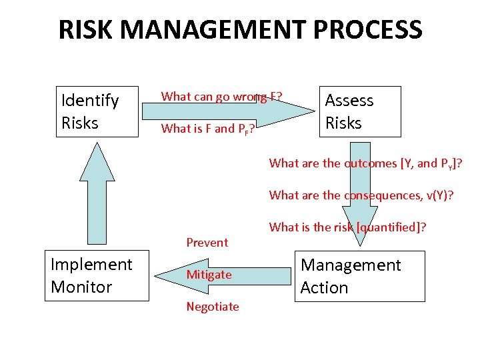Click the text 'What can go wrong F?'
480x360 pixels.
pyautogui.click(x=221, y=97)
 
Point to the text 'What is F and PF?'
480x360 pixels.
pyautogui.click(x=207, y=129)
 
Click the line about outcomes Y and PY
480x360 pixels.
pyautogui.click(x=365, y=163)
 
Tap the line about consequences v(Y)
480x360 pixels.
pyautogui.click(x=360, y=195)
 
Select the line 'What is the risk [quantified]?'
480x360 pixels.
pyautogui.click(x=347, y=227)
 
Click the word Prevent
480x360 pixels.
pyautogui.click(x=207, y=243)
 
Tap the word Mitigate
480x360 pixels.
pyautogui.click(x=209, y=275)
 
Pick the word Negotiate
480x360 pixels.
pyautogui.click(x=213, y=307)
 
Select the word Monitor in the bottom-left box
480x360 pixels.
pyautogui.click(x=81, y=287)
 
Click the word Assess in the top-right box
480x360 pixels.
pyautogui.click(x=349, y=101)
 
